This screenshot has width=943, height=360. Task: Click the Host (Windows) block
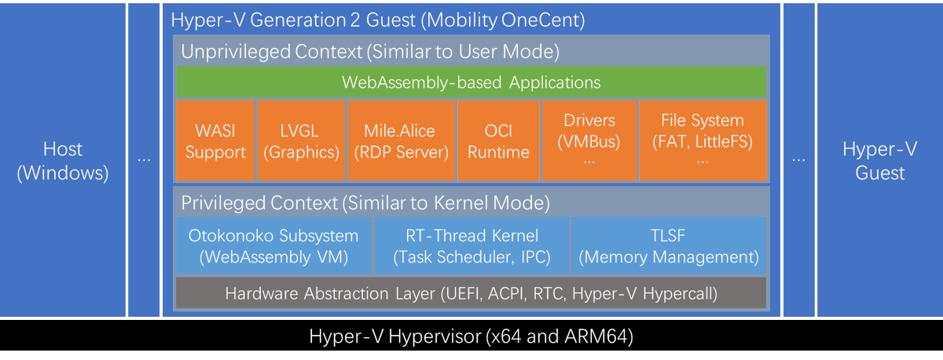pos(64,161)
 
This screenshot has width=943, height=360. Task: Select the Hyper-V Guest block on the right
pos(880,161)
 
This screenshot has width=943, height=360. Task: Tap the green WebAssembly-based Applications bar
pos(471,83)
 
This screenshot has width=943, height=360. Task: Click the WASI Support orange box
pos(215,141)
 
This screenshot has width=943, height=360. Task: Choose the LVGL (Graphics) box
pos(301,141)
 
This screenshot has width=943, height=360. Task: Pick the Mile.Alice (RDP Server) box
pos(401,141)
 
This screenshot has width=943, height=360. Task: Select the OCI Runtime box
pos(498,141)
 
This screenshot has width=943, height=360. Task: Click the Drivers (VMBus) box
pos(589,141)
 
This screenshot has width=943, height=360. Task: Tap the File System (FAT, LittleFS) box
pos(703,141)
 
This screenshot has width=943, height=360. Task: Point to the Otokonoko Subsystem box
pos(273,246)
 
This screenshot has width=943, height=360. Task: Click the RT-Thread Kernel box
pos(472,246)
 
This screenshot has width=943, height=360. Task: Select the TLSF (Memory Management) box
pos(668,246)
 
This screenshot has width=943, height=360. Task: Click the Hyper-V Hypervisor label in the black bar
pos(471,337)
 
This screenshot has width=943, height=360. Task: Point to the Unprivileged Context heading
pos(370,53)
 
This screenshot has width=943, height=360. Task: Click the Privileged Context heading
pos(365,202)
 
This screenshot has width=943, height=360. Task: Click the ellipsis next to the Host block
pos(144,160)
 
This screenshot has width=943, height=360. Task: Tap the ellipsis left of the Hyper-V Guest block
pos(798,160)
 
